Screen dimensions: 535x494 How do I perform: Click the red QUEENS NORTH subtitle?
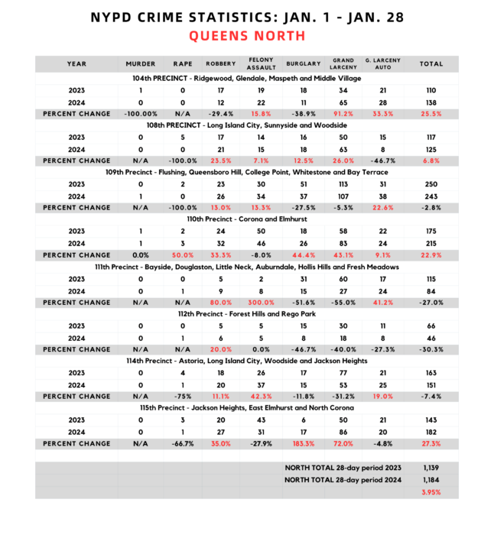(x=246, y=36)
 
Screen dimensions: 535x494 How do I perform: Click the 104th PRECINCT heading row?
(x=246, y=78)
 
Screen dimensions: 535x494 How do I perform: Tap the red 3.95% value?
(x=431, y=493)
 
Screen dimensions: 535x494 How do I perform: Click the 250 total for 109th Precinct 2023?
(x=431, y=184)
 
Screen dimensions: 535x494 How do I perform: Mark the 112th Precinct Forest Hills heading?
(x=246, y=314)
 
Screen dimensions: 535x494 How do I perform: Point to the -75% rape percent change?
(x=182, y=396)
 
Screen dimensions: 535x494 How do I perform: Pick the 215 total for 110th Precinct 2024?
(x=431, y=243)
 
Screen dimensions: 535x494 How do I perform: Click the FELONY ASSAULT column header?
(x=257, y=64)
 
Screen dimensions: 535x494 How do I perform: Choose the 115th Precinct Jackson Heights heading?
(x=246, y=408)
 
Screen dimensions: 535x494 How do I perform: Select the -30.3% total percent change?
(x=431, y=349)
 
